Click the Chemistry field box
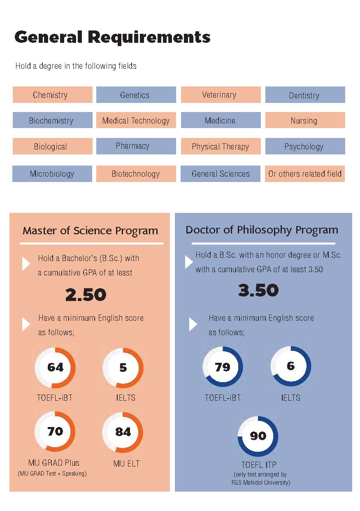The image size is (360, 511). click(x=52, y=95)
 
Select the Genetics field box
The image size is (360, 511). click(x=136, y=95)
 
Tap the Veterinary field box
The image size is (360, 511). click(x=221, y=95)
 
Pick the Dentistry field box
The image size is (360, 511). click(x=305, y=95)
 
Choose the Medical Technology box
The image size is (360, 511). click(x=136, y=121)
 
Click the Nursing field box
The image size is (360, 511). click(x=305, y=121)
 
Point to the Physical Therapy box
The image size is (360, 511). click(x=221, y=147)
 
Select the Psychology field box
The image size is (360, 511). click(x=305, y=147)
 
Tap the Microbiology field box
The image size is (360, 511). click(x=52, y=174)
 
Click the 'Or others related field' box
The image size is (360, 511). click(x=305, y=174)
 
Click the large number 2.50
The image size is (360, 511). click(x=86, y=295)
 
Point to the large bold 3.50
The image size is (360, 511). click(x=258, y=291)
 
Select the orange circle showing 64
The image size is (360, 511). click(x=55, y=367)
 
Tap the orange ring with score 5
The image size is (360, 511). click(x=123, y=367)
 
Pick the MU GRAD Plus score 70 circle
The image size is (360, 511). click(x=55, y=431)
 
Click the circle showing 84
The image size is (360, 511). click(x=123, y=431)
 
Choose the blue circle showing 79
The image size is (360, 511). click(x=223, y=367)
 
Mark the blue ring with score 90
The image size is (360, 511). click(x=258, y=436)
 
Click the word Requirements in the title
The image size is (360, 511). click(x=149, y=37)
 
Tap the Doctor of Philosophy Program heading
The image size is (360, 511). click(x=262, y=230)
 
